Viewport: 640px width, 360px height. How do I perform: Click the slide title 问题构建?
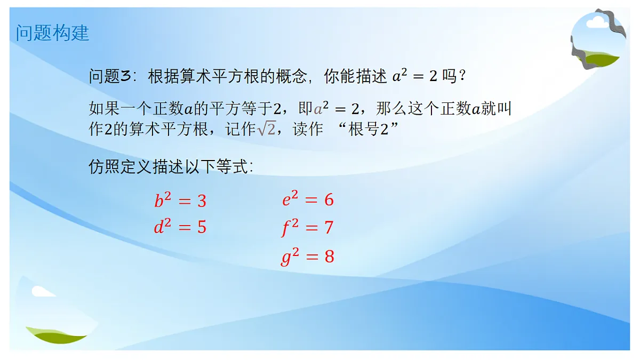[x=52, y=33]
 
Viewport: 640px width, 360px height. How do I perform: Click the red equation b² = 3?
[x=180, y=201]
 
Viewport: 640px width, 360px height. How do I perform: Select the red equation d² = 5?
[x=180, y=228]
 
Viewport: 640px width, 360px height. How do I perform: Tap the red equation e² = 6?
[x=308, y=199]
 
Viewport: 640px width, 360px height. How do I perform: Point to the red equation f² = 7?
[x=308, y=228]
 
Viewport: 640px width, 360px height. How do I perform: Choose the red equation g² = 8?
[x=308, y=257]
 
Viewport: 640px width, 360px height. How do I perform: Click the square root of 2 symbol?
[x=267, y=130]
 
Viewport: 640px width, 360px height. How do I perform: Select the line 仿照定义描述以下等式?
[x=171, y=167]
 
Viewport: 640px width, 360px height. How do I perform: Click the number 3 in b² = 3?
[x=202, y=201]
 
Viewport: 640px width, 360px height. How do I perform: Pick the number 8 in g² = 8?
[x=329, y=257]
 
